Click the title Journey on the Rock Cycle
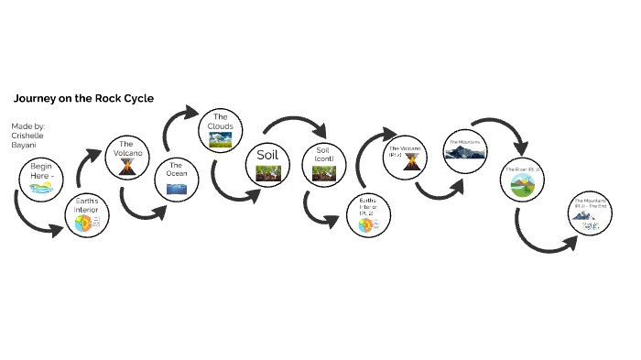click(83, 98)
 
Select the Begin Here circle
click(41, 179)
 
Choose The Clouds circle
click(220, 129)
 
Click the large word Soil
click(267, 154)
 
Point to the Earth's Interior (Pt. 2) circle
click(367, 215)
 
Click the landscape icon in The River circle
click(521, 189)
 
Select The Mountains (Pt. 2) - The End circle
click(588, 213)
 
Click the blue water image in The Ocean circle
click(177, 189)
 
